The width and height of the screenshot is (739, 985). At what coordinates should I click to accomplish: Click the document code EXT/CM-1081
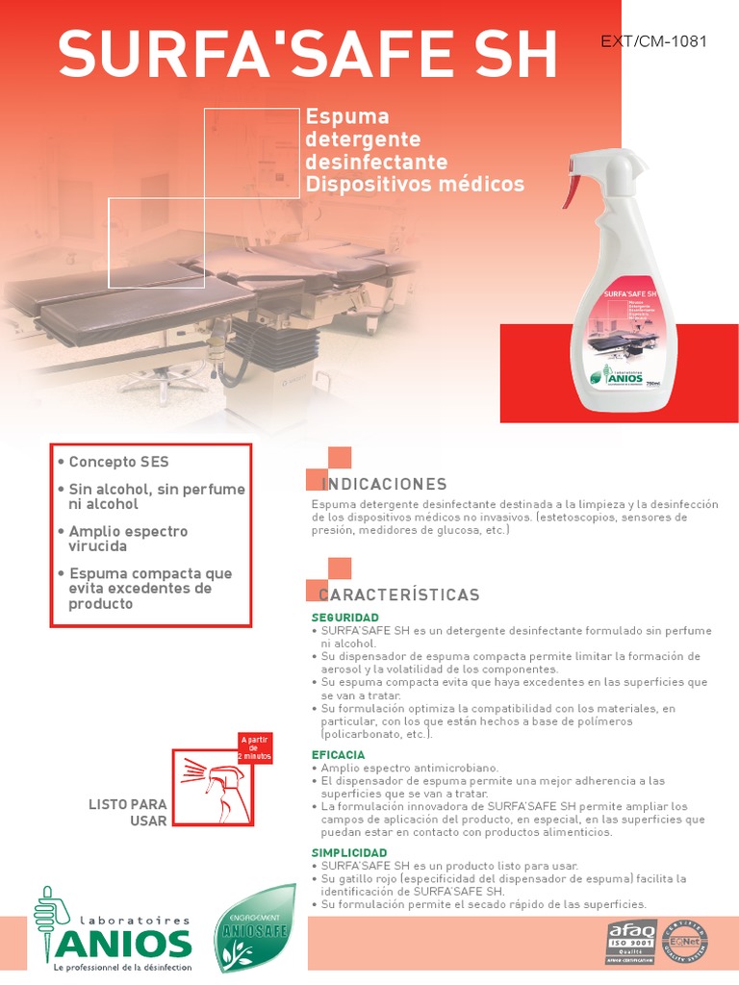(653, 41)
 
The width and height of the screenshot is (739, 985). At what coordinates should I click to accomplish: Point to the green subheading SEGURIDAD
(344, 617)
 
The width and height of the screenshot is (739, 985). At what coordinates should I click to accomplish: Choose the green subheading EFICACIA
(338, 755)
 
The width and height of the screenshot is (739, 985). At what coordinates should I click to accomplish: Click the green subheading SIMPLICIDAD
(349, 853)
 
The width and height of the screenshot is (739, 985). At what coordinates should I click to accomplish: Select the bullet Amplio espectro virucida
(128, 538)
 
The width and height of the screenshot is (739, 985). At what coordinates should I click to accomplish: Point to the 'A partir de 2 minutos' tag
(255, 747)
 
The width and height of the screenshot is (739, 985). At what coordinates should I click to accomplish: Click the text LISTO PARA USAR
(128, 812)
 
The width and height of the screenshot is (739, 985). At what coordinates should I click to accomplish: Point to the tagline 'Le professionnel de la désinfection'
(122, 967)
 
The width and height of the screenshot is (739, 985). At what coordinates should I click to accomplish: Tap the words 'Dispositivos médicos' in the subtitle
(414, 183)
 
